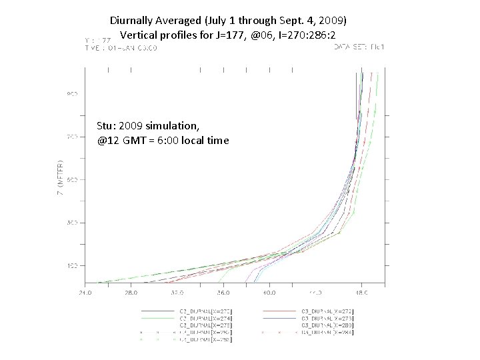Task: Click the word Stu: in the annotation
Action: click(x=107, y=126)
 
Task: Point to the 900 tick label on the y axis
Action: click(x=71, y=94)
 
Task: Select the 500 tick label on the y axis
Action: click(x=71, y=179)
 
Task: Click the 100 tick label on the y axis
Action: click(x=71, y=265)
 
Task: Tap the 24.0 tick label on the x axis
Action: click(x=85, y=291)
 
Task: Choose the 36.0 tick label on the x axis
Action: click(x=223, y=291)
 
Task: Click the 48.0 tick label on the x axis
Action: click(x=360, y=291)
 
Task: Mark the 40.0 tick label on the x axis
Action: click(x=269, y=291)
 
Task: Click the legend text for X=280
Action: click(x=328, y=325)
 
